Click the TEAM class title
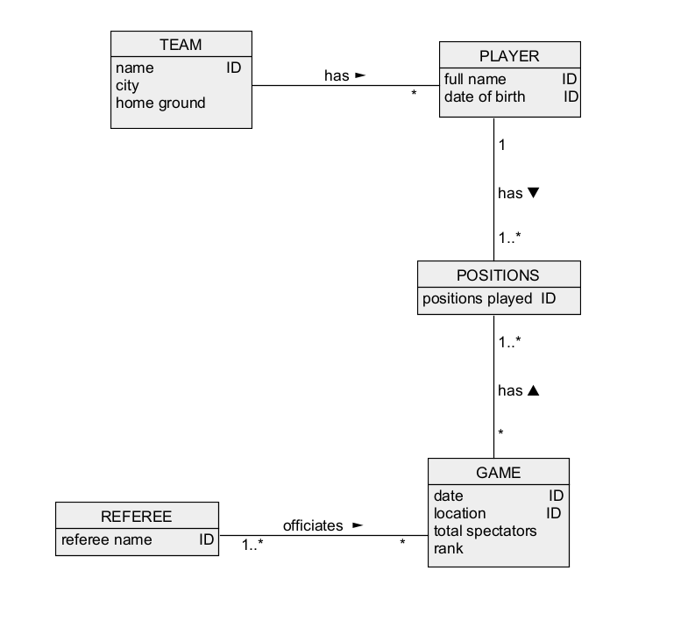(x=181, y=45)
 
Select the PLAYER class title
(x=509, y=56)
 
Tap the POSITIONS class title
(x=498, y=275)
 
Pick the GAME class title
(x=498, y=473)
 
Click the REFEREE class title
(x=137, y=517)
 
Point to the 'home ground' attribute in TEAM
(x=160, y=103)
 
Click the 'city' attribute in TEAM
(x=127, y=86)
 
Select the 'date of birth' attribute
(x=485, y=96)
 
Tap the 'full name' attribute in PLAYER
(x=475, y=80)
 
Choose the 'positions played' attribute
(x=478, y=298)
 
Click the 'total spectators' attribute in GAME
(x=485, y=531)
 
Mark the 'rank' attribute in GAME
(x=449, y=548)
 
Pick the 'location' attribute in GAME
(x=459, y=513)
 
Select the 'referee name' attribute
(x=106, y=539)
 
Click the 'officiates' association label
(x=313, y=525)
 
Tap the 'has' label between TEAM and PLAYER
(x=337, y=75)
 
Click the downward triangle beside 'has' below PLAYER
(x=533, y=193)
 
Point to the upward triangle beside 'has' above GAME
(x=533, y=390)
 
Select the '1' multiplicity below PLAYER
(x=502, y=145)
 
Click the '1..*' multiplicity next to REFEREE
(x=253, y=544)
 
